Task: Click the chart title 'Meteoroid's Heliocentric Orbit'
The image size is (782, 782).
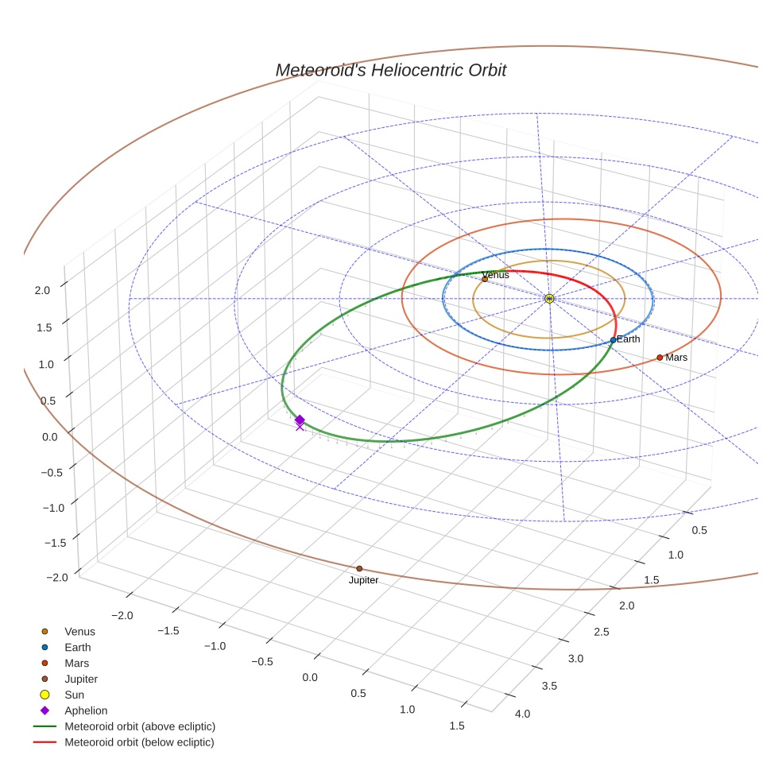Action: point(390,70)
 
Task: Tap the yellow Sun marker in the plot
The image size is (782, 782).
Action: point(549,298)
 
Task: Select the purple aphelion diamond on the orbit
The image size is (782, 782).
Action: point(300,420)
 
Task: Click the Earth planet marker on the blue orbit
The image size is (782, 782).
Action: point(613,340)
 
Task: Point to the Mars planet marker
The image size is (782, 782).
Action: point(660,358)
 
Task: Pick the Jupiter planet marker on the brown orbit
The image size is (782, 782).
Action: point(359,568)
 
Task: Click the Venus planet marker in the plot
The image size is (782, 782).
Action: point(485,279)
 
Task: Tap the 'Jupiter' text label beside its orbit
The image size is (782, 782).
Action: point(363,580)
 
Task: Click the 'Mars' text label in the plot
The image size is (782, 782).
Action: point(676,358)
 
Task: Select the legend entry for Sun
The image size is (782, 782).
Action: point(75,695)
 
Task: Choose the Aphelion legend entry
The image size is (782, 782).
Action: point(86,710)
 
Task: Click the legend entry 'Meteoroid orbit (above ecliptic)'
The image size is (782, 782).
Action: point(140,726)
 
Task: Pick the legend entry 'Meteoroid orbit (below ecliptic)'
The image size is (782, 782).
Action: point(139,742)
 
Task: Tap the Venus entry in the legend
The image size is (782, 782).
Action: point(79,631)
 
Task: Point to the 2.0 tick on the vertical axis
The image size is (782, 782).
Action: point(41,291)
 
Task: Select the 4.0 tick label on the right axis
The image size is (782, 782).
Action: point(522,714)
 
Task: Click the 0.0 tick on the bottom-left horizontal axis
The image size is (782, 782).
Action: point(310,677)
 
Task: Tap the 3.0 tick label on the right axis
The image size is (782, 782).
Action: point(575,659)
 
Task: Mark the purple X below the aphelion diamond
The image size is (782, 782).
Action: point(300,427)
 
